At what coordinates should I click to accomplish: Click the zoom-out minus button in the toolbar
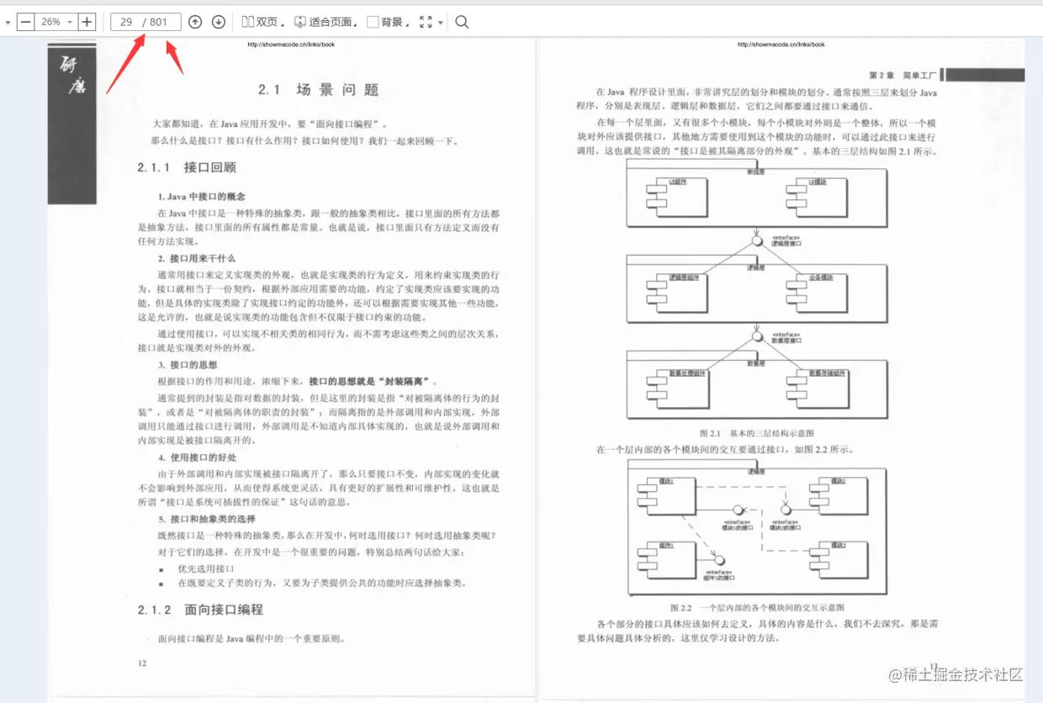click(x=25, y=22)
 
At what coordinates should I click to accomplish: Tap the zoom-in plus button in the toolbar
click(x=87, y=22)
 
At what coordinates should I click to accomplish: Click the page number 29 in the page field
click(x=127, y=22)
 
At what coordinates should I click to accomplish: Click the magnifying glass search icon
click(x=462, y=22)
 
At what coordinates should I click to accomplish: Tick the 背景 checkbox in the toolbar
click(x=373, y=22)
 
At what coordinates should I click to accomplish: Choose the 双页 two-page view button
click(x=262, y=22)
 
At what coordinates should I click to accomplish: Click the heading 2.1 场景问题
click(x=319, y=90)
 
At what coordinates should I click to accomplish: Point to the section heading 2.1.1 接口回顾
click(x=187, y=167)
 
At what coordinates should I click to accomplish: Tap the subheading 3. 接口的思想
click(x=188, y=365)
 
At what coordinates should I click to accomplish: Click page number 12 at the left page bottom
click(x=142, y=663)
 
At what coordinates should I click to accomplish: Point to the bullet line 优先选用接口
click(x=205, y=568)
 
